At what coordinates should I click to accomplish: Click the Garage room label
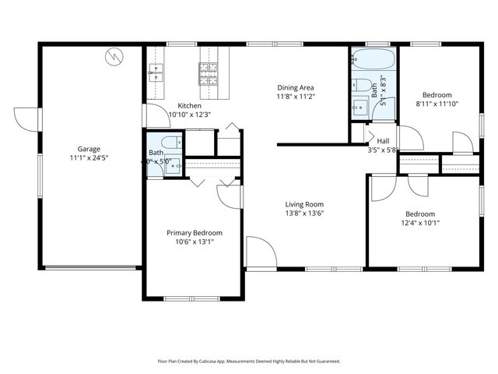(x=88, y=149)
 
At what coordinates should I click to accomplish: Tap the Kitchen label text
(x=190, y=106)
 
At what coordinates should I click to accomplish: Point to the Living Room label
(x=303, y=204)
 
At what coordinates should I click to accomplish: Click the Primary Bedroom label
(x=195, y=233)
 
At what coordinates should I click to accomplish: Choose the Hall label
(x=383, y=141)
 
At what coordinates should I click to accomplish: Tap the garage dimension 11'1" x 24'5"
(x=88, y=157)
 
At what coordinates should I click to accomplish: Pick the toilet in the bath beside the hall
(x=360, y=86)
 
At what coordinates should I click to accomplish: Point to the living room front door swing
(x=261, y=253)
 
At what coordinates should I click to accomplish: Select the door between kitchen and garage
(x=152, y=115)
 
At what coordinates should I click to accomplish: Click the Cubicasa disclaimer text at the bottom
(x=249, y=362)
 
